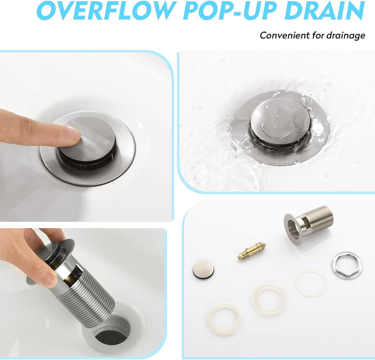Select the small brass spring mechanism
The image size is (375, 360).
[252, 251]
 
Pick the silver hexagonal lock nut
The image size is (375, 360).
[346, 265]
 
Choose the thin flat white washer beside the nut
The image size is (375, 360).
[311, 283]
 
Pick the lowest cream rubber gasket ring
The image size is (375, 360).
[224, 318]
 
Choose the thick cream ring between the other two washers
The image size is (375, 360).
[269, 299]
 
